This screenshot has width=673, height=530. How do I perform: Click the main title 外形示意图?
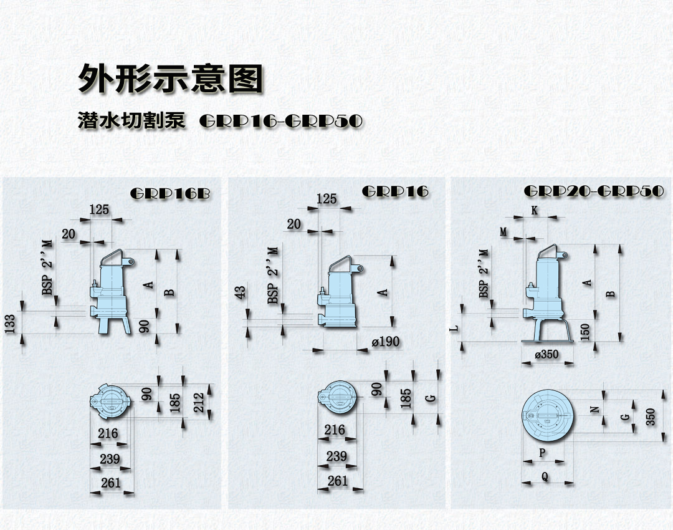[x=170, y=79]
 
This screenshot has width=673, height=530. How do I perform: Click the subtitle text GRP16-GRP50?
[x=281, y=121]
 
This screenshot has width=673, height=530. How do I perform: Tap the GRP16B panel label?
[x=170, y=194]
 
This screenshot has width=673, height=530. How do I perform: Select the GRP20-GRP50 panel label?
[x=594, y=191]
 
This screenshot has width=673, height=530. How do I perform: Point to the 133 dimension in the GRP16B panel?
[x=11, y=324]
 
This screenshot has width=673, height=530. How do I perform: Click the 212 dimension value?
[x=199, y=402]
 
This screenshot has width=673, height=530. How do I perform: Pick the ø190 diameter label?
[x=386, y=342]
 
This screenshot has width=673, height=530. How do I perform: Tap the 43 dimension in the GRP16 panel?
[x=241, y=292]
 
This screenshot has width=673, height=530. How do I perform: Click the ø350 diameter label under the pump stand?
[x=547, y=354]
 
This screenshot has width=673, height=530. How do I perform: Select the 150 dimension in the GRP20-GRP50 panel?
[x=585, y=332]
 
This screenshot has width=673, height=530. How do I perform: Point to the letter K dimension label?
[x=535, y=211]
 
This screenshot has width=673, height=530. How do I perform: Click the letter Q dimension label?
[x=545, y=476]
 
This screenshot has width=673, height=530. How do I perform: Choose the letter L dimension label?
[x=456, y=328]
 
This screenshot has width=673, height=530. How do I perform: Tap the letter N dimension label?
[x=595, y=409]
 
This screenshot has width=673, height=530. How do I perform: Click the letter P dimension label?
[x=542, y=453]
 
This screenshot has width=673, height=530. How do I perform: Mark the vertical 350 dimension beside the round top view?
[x=651, y=417]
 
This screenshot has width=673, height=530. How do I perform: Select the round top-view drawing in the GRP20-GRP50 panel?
[x=548, y=415]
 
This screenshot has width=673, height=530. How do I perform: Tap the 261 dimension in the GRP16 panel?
[x=337, y=481]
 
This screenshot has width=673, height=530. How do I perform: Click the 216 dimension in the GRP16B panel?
[x=108, y=433]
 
